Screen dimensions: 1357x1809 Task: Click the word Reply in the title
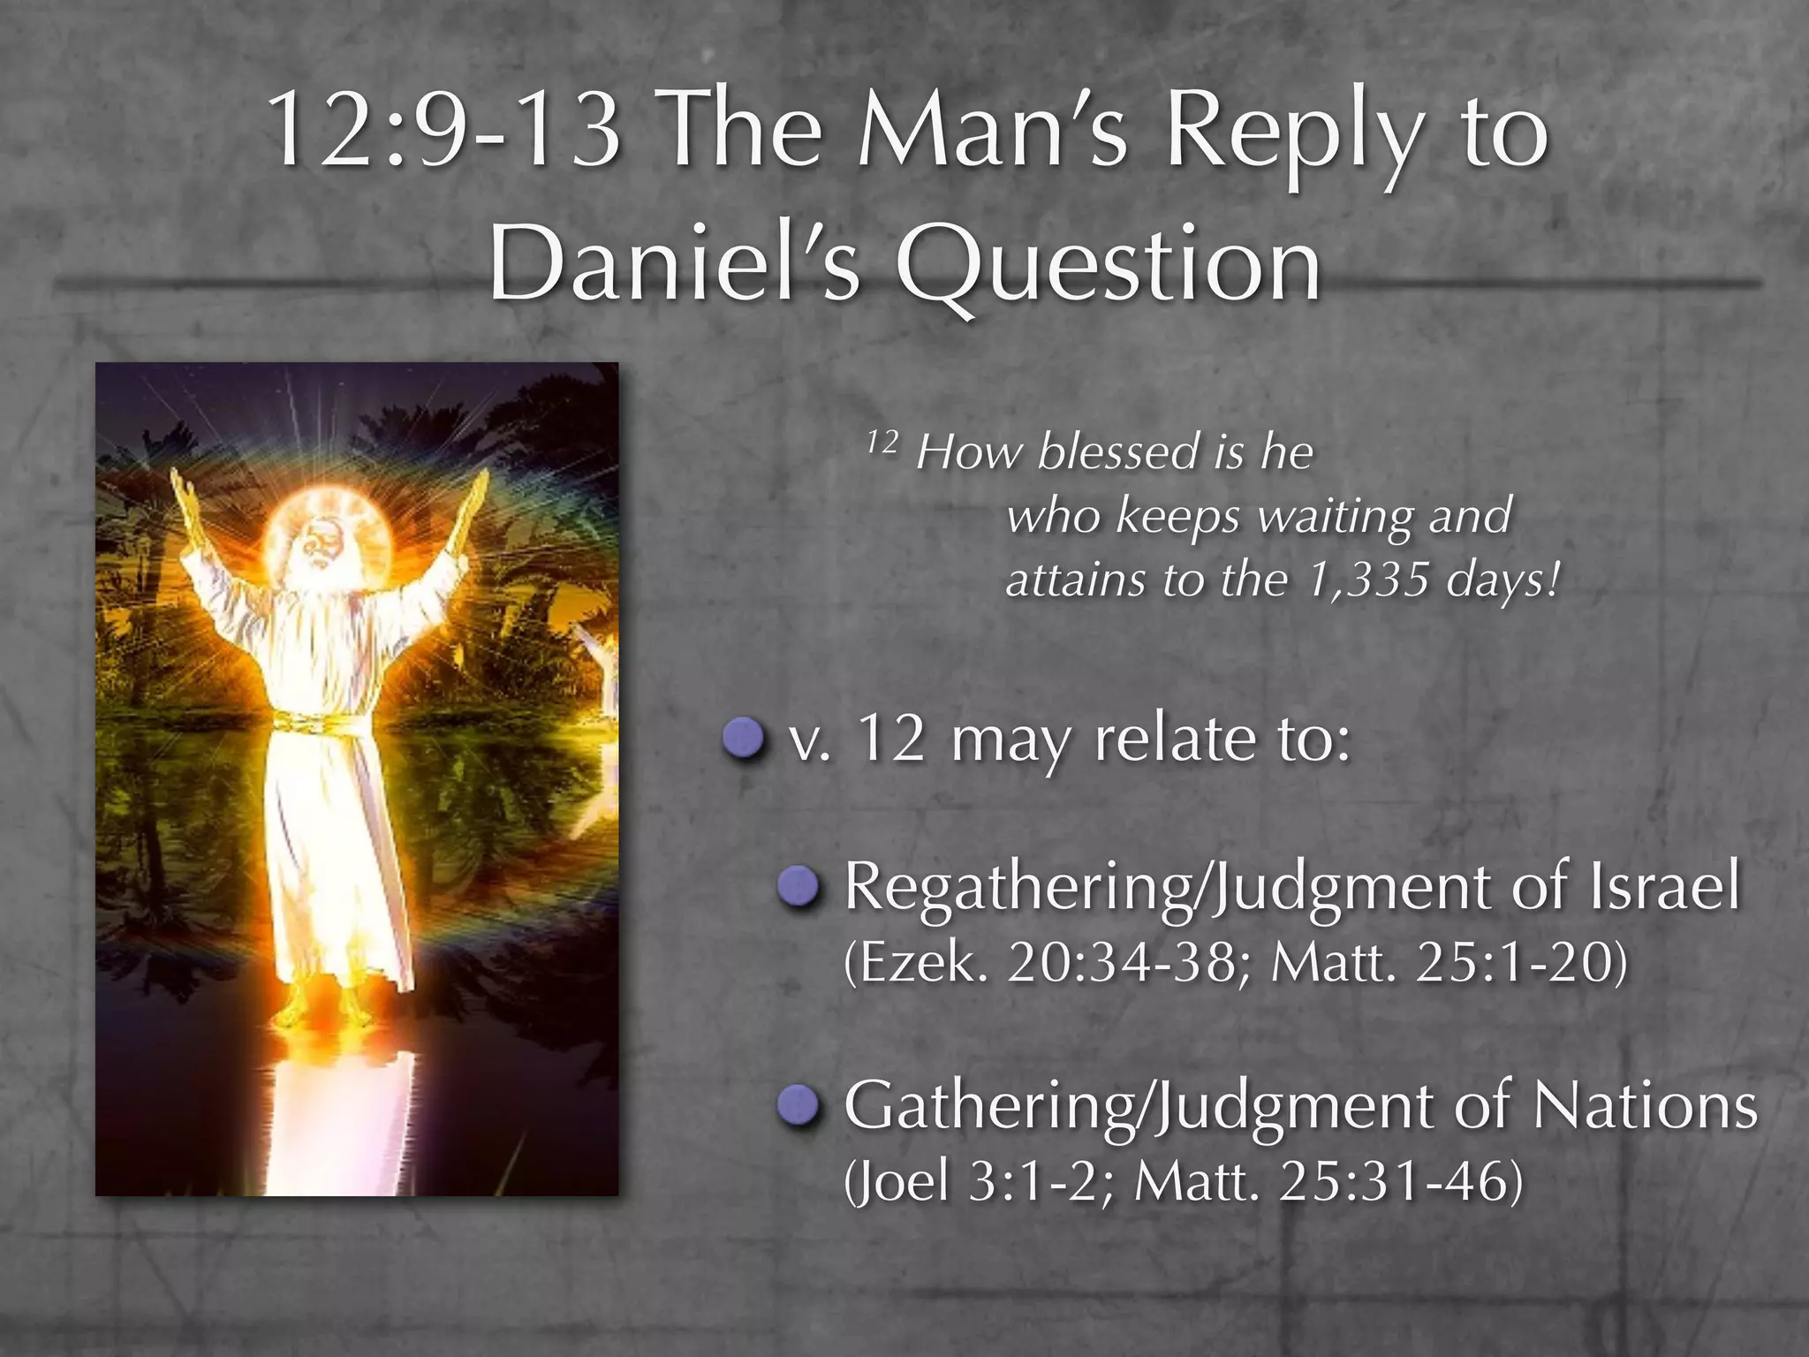[x=1294, y=133]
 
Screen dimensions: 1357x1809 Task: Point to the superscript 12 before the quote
[x=881, y=441]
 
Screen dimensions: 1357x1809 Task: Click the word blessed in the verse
[x=1118, y=452]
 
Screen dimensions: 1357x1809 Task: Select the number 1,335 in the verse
[x=1367, y=580]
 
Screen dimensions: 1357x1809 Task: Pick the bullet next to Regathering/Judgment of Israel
[x=800, y=887]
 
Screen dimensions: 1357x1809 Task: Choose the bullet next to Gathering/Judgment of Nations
[x=800, y=1106]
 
